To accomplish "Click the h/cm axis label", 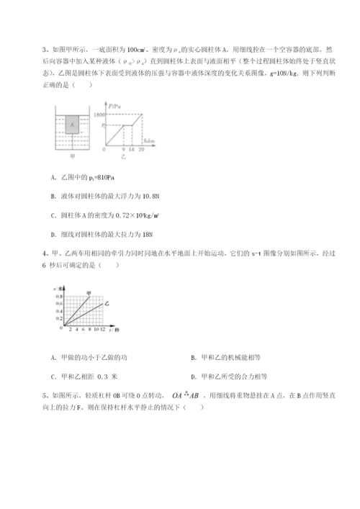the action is point(150,141).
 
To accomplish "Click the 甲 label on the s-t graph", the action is point(89,293).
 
